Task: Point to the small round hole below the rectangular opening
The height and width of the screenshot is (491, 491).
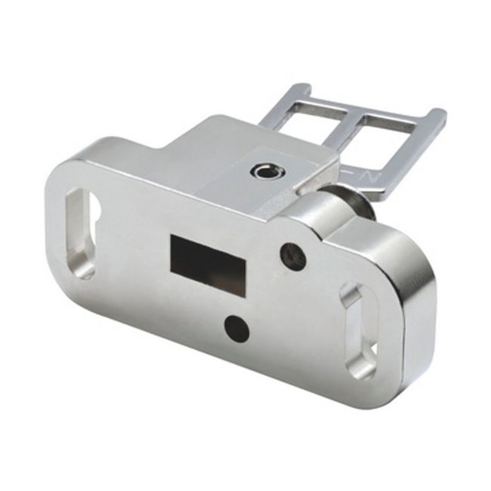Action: (236, 326)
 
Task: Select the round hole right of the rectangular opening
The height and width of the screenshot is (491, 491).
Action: (292, 256)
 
